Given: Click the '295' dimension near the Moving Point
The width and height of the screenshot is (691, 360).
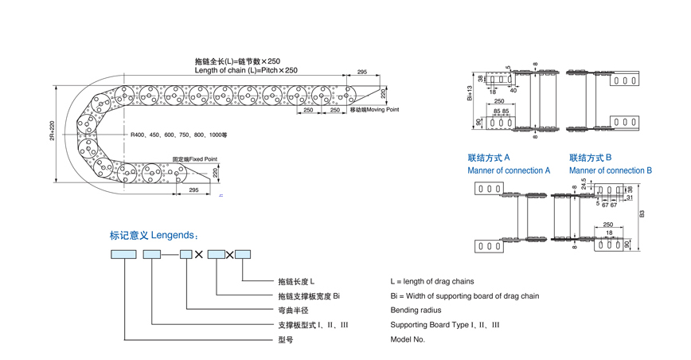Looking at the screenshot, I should [x=361, y=72].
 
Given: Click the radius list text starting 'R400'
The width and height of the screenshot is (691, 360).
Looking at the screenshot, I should [x=179, y=135].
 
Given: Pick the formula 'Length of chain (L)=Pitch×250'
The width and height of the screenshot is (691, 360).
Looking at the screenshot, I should [x=246, y=70].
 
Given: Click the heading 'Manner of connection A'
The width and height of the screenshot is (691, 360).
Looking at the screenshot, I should [x=509, y=170].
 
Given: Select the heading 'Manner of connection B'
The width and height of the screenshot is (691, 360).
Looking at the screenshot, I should [x=610, y=170].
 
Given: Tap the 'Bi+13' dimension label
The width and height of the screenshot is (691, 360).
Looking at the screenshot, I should [x=470, y=93].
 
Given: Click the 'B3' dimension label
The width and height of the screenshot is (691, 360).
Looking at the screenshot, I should [x=642, y=213].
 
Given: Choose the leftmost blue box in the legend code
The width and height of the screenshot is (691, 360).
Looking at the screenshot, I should [x=123, y=254].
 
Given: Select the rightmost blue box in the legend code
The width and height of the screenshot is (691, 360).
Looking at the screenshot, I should [x=243, y=254].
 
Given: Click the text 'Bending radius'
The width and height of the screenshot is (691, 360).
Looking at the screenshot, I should [x=416, y=311].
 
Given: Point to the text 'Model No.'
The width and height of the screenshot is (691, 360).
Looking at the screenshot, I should [x=408, y=339].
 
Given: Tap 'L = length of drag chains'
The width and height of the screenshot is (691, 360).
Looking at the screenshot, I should [x=431, y=281].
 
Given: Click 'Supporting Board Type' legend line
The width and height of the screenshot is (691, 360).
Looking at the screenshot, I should [x=445, y=325].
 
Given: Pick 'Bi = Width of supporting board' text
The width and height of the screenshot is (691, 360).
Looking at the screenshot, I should [x=464, y=296].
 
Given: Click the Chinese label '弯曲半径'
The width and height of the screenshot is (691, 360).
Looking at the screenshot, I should [x=292, y=311].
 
